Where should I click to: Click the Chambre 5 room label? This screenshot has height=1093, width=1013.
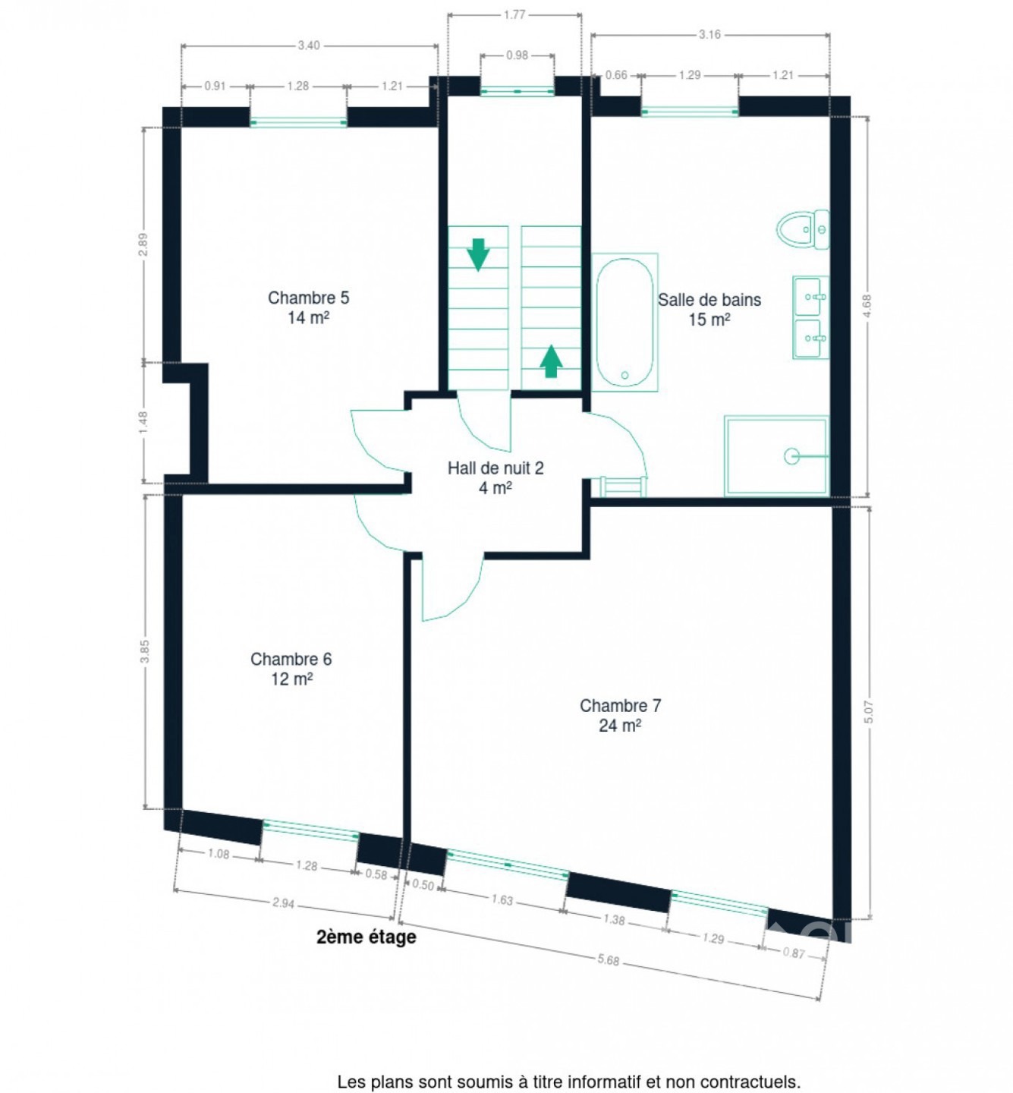(308, 307)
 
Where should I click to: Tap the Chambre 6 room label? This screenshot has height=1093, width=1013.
(291, 668)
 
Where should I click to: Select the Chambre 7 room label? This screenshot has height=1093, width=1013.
(620, 715)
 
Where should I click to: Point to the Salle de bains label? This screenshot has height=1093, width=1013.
(709, 309)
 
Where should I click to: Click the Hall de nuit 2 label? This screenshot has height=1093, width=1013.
(495, 477)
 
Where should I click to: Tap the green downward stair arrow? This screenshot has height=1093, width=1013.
(478, 254)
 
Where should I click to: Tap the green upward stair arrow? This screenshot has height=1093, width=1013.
(551, 361)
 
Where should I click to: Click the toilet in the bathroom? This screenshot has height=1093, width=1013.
(803, 229)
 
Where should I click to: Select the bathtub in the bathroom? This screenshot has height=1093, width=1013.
(624, 322)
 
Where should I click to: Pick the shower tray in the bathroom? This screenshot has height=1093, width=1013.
(776, 455)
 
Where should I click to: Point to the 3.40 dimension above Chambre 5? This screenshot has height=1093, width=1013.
(309, 46)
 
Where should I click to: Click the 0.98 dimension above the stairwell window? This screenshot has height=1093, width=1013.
(517, 55)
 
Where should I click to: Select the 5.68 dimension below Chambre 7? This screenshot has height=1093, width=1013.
(608, 960)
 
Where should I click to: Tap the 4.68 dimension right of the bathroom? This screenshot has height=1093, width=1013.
(867, 306)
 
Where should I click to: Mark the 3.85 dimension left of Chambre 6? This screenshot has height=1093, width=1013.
(145, 651)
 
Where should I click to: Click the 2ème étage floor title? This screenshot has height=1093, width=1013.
(366, 937)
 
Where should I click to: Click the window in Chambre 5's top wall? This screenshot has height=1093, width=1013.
(298, 121)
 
